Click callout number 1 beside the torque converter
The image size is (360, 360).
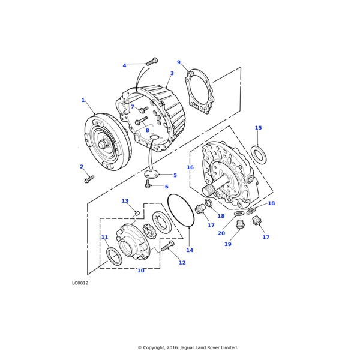(83, 100)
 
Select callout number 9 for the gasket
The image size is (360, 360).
(178, 62)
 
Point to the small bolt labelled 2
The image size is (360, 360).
(89, 179)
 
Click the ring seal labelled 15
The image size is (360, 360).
(259, 154)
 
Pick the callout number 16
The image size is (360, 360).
(190, 167)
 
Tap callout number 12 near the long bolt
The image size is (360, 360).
(182, 263)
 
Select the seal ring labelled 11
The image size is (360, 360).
(114, 256)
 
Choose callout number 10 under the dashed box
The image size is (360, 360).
(140, 271)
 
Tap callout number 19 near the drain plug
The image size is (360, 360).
(227, 244)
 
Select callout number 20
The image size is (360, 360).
(221, 233)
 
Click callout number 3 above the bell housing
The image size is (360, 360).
(172, 74)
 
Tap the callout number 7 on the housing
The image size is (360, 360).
(133, 107)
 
